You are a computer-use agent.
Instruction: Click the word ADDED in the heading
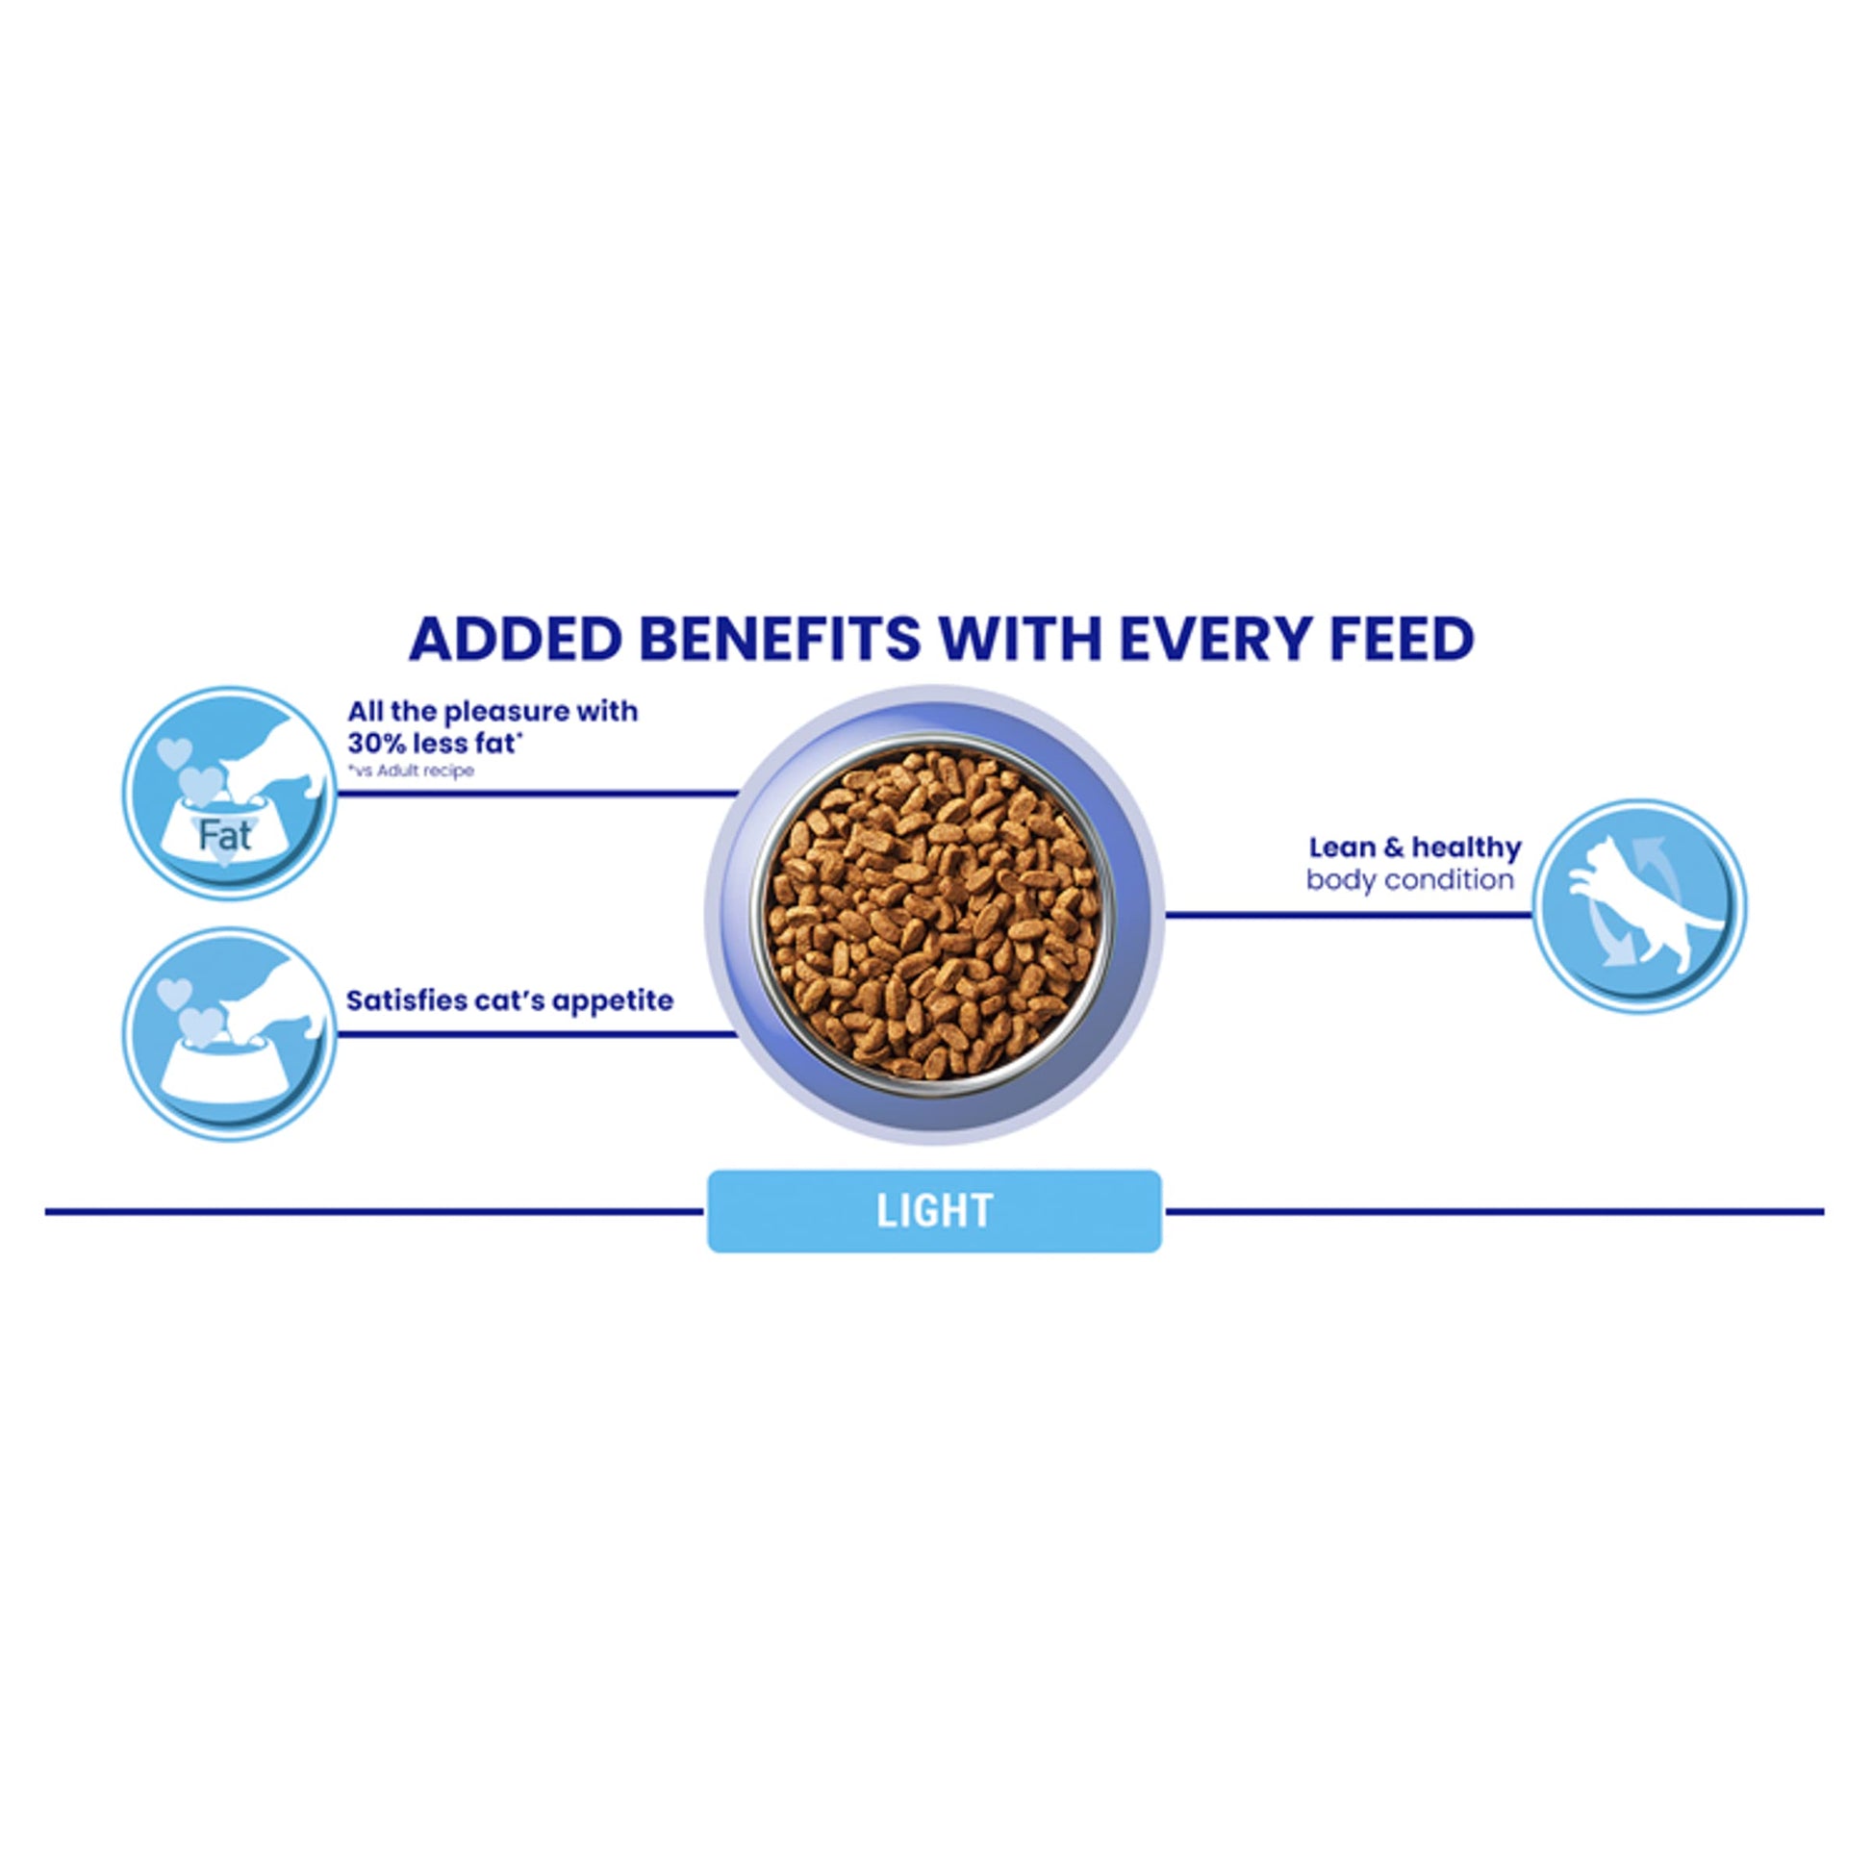(516, 639)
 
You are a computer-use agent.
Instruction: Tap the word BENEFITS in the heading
(780, 639)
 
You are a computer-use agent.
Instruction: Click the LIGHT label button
(935, 1210)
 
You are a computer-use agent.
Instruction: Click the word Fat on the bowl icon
(225, 835)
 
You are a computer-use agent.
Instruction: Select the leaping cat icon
(1639, 906)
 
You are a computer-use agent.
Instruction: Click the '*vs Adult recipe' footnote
(412, 772)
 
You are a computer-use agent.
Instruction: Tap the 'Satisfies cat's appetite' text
(510, 1000)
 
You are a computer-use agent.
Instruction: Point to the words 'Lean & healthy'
(1415, 847)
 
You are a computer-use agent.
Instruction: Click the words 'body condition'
(1410, 880)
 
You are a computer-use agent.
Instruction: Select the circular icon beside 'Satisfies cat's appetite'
(230, 1034)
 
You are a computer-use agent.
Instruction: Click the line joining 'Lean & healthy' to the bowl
(1348, 914)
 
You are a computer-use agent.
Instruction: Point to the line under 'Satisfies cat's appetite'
(538, 1034)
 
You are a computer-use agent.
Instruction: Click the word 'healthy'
(1467, 847)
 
